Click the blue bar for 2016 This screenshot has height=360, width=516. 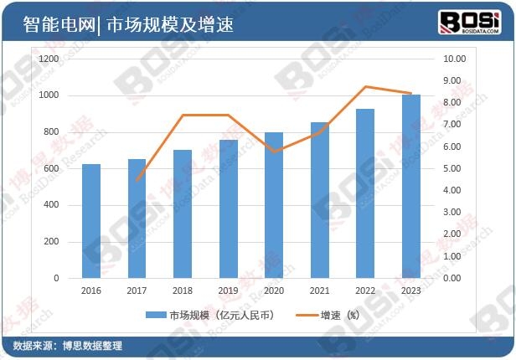pos(90,221)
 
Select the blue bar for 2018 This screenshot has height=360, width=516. pos(183,213)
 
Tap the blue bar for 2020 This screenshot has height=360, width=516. pos(274,205)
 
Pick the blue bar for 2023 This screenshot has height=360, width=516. pos(411,186)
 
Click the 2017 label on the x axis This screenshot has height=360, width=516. pos(137,291)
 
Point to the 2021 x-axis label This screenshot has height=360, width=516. pos(320,291)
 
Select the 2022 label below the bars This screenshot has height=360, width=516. pos(365,291)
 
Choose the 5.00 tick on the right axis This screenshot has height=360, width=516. pos(453,169)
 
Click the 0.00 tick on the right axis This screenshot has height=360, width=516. pos(453,278)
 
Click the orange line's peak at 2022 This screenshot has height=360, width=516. pos(365,87)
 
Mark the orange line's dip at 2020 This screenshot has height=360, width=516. pos(274,152)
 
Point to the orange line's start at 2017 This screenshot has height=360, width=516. pos(137,179)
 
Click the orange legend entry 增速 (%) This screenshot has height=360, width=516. pos(339,316)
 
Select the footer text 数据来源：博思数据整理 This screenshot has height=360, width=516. pos(67,346)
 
